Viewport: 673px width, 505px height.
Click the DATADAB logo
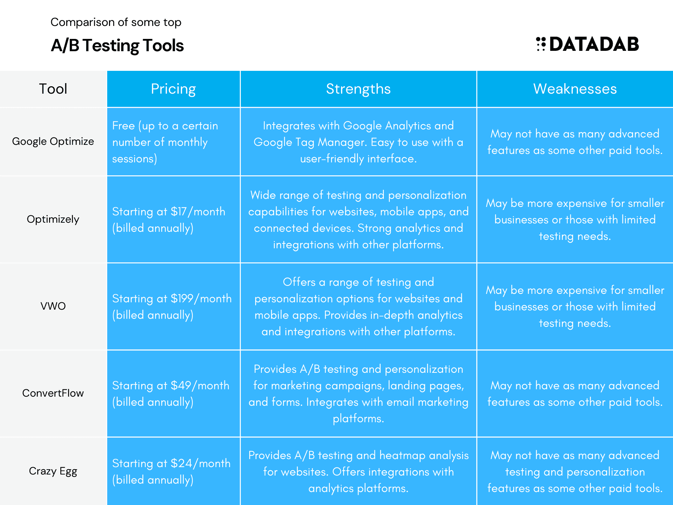pyautogui.click(x=587, y=44)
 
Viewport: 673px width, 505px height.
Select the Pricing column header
pyautogui.click(x=173, y=89)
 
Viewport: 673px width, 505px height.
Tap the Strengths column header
pyautogui.click(x=358, y=89)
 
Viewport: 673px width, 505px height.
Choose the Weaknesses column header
pyautogui.click(x=575, y=89)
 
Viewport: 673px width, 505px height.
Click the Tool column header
pyautogui.click(x=53, y=89)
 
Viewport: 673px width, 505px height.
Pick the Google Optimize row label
pyautogui.click(x=53, y=141)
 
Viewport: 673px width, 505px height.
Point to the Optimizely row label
pyautogui.click(x=53, y=219)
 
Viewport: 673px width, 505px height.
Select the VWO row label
pyautogui.click(x=53, y=306)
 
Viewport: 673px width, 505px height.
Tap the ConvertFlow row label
pyautogui.click(x=53, y=393)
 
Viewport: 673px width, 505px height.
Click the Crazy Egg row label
pyautogui.click(x=53, y=471)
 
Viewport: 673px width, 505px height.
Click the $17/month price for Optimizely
pyautogui.click(x=198, y=211)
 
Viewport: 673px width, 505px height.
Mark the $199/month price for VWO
pyautogui.click(x=201, y=298)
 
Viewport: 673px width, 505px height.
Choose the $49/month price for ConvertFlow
pyautogui.click(x=200, y=385)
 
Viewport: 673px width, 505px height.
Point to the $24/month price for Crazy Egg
pyautogui.click(x=200, y=463)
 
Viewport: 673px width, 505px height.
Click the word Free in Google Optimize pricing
pyautogui.click(x=123, y=126)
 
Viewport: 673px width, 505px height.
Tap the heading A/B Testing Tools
pyautogui.click(x=117, y=46)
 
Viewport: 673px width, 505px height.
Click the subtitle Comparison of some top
pyautogui.click(x=116, y=22)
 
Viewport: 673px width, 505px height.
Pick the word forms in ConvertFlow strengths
pyautogui.click(x=287, y=402)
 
